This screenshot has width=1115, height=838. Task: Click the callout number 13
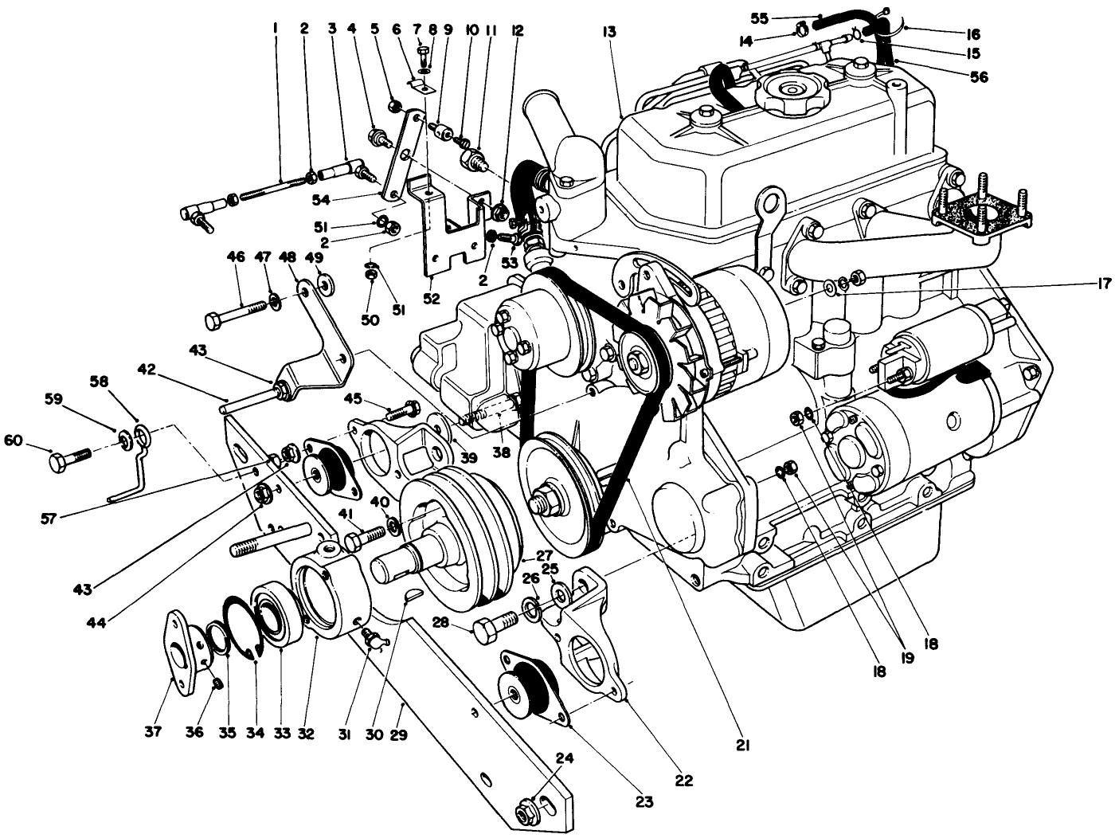pyautogui.click(x=610, y=33)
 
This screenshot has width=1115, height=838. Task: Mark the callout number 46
pyautogui.click(x=235, y=257)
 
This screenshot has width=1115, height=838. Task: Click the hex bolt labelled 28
pyautogui.click(x=494, y=627)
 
